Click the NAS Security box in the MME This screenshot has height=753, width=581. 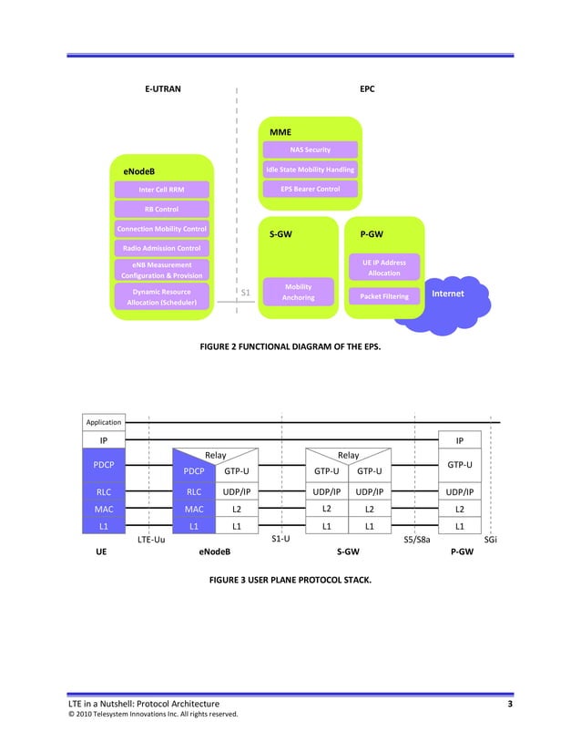[x=310, y=150]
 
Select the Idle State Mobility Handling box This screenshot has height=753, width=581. [x=310, y=170]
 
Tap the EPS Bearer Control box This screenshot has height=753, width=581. [x=310, y=189]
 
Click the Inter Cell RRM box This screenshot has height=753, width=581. [x=161, y=190]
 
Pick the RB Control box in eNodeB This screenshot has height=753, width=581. [x=161, y=209]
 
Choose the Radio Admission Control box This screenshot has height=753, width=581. [x=161, y=248]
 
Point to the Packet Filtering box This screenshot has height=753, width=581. [x=383, y=296]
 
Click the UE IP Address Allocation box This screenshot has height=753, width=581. [x=383, y=268]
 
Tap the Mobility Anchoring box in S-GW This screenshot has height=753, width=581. [x=299, y=292]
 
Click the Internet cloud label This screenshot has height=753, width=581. [x=447, y=294]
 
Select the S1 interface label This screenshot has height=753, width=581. [x=245, y=293]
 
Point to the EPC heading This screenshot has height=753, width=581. [x=367, y=89]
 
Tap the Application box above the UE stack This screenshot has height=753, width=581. [x=103, y=422]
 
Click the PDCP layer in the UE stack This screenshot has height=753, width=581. [x=103, y=464]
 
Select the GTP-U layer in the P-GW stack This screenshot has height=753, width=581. [x=460, y=464]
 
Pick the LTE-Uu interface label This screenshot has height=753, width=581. [x=150, y=540]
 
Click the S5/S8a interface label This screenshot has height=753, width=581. [x=416, y=540]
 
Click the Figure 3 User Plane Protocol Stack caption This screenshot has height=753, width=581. [x=290, y=578]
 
